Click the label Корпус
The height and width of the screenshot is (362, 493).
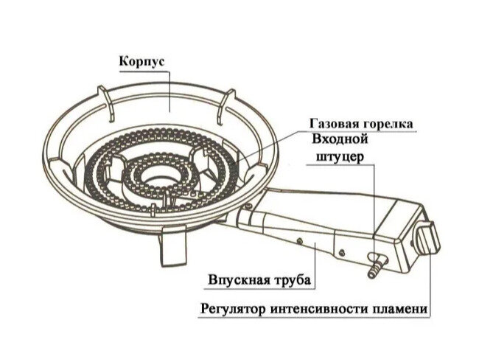pos(141,62)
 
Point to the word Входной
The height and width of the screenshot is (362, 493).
pos(340,139)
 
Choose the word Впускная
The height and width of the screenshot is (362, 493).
pos(236,281)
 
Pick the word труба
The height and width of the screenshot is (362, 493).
pos(290,281)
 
